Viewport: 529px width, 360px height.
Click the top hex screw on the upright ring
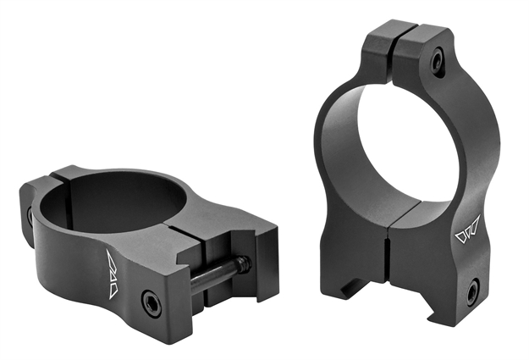438,62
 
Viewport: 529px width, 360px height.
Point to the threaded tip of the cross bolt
245,263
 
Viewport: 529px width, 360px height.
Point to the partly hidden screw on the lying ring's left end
30,216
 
